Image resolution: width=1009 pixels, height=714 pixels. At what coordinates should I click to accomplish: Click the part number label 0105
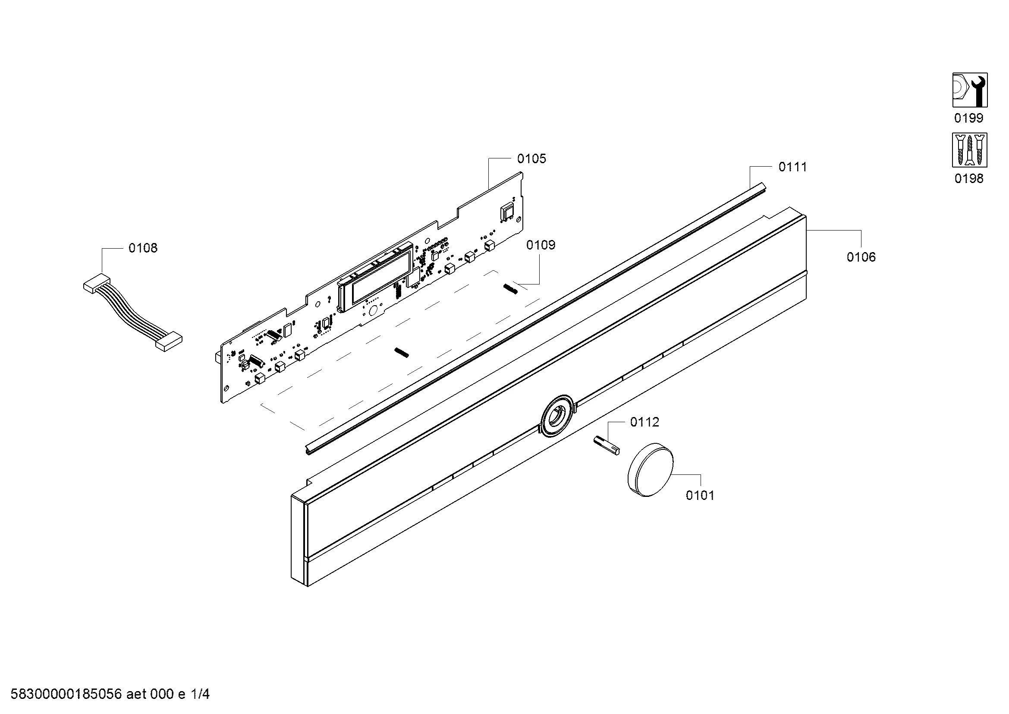pos(531,159)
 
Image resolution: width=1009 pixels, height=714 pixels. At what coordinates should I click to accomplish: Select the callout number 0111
pos(792,167)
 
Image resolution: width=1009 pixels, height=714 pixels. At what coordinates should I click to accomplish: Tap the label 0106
pos(861,257)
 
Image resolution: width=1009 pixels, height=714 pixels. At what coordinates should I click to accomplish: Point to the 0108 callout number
pos(143,248)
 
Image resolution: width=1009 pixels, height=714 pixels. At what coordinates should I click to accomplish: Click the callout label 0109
pos(541,245)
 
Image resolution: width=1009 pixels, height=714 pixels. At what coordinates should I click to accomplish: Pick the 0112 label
pos(644,422)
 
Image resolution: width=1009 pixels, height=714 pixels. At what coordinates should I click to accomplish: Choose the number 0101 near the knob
pos(700,496)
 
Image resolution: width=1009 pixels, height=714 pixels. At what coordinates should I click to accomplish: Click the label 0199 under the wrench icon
pos(968,118)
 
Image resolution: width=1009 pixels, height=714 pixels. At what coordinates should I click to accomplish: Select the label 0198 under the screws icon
pos(968,179)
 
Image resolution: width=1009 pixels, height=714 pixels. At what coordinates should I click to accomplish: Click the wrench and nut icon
pos(970,90)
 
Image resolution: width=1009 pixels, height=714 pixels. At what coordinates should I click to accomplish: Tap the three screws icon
pos(969,150)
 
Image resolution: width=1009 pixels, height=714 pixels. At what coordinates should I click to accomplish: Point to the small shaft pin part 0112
pos(607,445)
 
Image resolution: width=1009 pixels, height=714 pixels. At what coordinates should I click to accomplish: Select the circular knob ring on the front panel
pos(558,416)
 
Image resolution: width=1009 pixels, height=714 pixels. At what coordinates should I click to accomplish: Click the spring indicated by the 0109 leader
pos(511,289)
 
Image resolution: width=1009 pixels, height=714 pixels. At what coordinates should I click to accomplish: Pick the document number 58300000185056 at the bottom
pos(66,694)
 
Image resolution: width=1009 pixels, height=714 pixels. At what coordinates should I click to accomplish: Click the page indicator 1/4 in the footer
pos(200,694)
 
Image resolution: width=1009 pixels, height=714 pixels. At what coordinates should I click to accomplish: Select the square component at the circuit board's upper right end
pos(508,211)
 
